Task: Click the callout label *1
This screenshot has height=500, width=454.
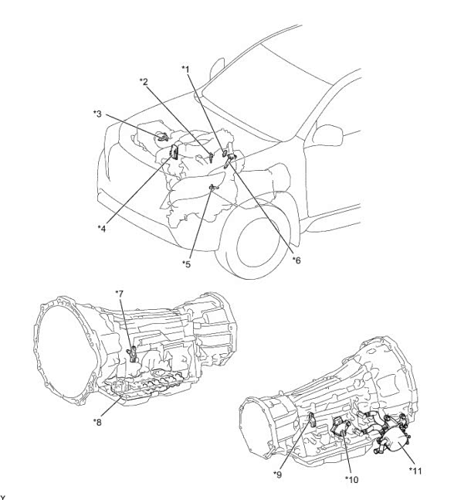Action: (x=185, y=70)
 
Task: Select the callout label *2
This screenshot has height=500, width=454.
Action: (x=144, y=82)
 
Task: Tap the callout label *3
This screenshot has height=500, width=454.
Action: (x=97, y=114)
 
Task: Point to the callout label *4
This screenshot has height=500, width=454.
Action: (x=102, y=228)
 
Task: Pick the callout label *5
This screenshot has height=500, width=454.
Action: (x=187, y=264)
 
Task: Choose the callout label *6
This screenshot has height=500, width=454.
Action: (x=296, y=260)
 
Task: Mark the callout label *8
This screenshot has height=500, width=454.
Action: (x=97, y=422)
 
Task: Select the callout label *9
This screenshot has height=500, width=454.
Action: (x=277, y=474)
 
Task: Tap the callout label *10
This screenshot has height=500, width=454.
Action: (x=352, y=479)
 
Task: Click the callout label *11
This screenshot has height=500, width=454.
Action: (x=415, y=471)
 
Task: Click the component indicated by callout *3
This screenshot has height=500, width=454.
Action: (x=163, y=137)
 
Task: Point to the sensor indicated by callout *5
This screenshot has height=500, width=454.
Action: (x=213, y=188)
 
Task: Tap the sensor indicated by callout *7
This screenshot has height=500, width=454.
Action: (x=133, y=354)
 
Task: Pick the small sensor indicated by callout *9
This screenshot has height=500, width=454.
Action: (x=312, y=419)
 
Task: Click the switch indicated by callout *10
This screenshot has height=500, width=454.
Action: (x=340, y=427)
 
